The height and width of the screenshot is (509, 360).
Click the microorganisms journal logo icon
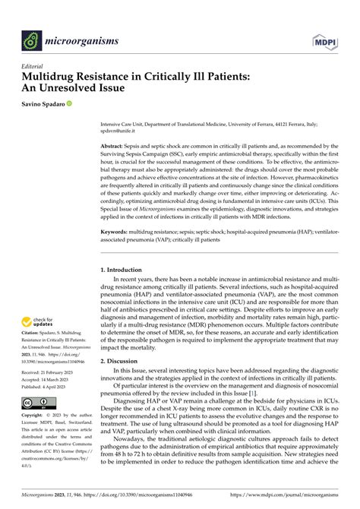[32, 39]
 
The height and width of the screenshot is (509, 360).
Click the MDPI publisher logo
[327, 38]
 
